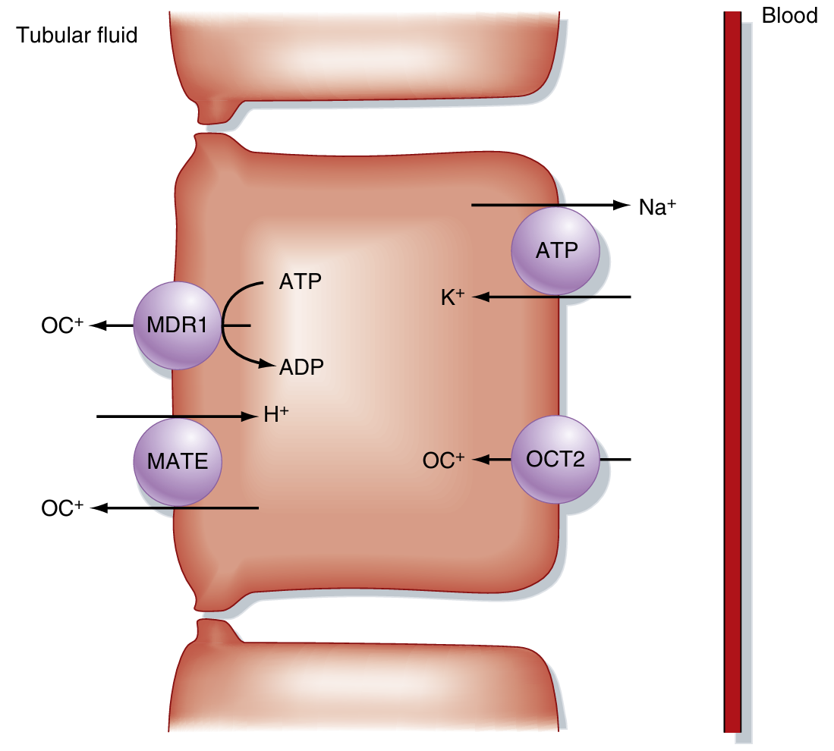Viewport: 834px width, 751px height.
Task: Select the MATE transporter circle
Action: click(x=178, y=460)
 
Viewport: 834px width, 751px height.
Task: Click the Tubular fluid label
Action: click(x=77, y=35)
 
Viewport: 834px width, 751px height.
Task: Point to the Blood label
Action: click(x=789, y=16)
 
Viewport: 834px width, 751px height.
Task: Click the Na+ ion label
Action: click(x=656, y=207)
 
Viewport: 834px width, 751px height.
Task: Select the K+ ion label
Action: click(x=452, y=297)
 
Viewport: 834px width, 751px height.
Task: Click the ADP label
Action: click(x=301, y=368)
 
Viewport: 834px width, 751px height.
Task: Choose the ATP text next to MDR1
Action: click(x=301, y=282)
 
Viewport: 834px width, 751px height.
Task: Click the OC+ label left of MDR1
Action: click(x=62, y=327)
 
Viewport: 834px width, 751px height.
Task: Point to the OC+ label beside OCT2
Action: click(x=443, y=460)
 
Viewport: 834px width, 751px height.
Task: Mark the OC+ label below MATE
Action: click(x=62, y=508)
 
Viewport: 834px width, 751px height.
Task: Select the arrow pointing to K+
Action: click(x=554, y=297)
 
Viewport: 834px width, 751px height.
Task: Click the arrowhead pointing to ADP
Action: click(x=266, y=365)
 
